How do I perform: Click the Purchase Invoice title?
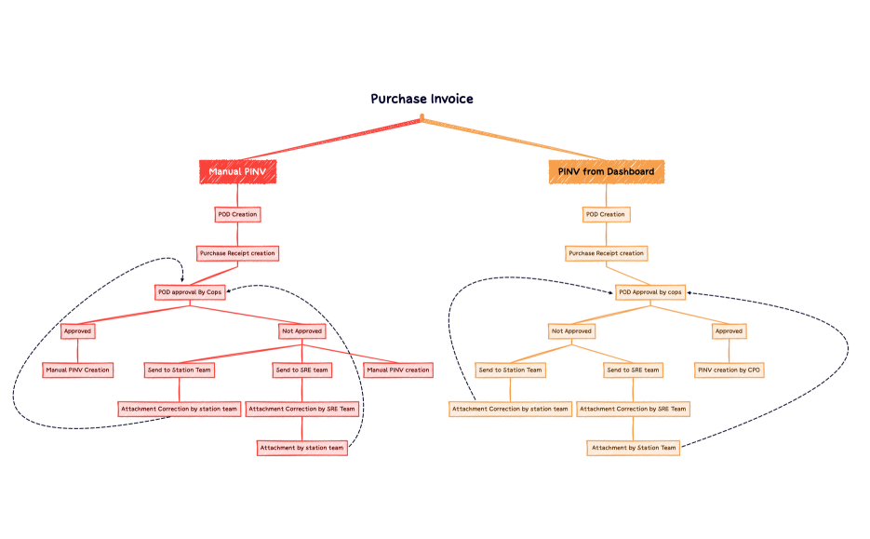[422, 99]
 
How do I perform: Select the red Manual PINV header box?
[237, 172]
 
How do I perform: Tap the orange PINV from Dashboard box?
[606, 172]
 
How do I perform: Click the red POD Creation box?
[237, 214]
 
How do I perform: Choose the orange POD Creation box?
[606, 214]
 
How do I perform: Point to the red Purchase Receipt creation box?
[237, 253]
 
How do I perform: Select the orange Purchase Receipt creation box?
[606, 253]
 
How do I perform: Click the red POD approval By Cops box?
[190, 292]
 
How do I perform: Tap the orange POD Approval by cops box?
[650, 292]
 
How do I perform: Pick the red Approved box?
[77, 330]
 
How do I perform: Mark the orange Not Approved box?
[571, 330]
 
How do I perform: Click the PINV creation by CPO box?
[729, 370]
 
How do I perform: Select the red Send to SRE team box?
[301, 370]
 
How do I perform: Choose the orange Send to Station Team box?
[510, 370]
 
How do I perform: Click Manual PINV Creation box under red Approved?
[77, 370]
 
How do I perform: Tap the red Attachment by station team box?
[301, 448]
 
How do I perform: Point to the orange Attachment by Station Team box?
[633, 448]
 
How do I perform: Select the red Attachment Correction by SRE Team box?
[301, 409]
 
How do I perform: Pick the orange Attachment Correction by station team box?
[510, 409]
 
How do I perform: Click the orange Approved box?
[729, 330]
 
